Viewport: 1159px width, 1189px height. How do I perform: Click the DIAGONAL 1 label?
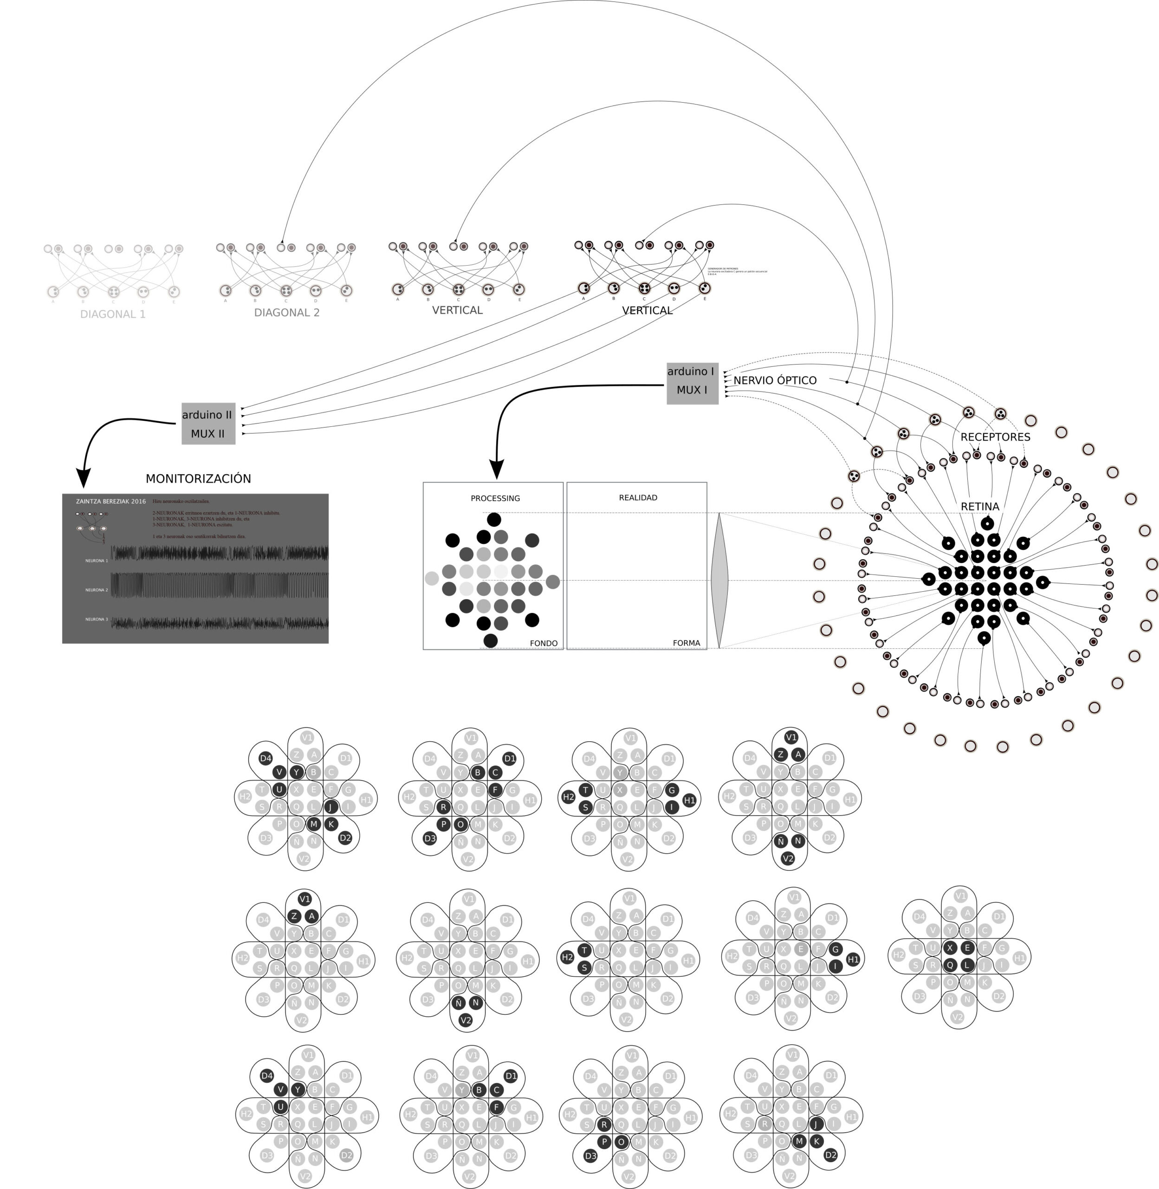[113, 314]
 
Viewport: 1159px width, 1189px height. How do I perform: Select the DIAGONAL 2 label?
[287, 313]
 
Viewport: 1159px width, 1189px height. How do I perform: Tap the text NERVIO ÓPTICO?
[775, 380]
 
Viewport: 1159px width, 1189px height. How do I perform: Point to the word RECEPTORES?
[995, 437]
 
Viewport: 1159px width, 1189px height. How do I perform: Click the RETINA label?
[980, 506]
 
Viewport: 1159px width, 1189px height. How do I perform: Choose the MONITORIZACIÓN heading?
[199, 479]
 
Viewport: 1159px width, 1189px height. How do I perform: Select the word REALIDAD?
[638, 497]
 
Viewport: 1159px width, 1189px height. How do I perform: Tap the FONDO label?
[544, 643]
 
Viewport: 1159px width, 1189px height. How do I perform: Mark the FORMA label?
[686, 643]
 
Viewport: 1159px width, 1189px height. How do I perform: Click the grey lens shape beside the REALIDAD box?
[719, 581]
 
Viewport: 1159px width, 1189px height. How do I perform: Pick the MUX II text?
[207, 434]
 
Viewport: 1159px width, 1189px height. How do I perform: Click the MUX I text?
[692, 390]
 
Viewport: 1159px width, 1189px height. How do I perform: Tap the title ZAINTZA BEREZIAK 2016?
[111, 501]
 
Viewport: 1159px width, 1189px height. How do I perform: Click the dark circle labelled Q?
[950, 965]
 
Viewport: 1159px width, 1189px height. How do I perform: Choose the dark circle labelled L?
[967, 965]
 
